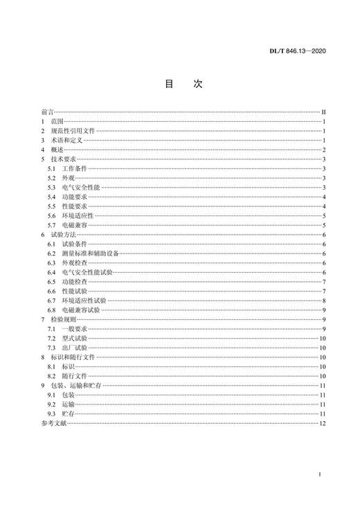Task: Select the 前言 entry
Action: pos(46,111)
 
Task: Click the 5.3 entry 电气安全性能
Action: pos(82,188)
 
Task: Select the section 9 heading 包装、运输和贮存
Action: pos(81,385)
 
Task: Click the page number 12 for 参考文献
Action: pos(322,423)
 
